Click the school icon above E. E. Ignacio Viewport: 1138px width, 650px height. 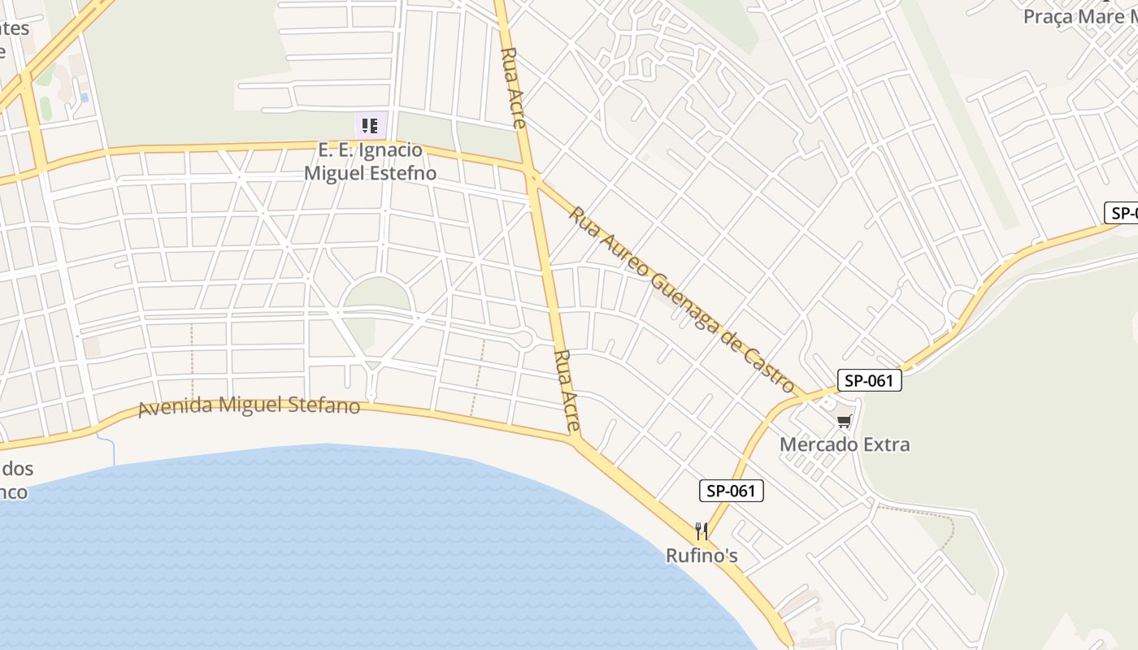coord(370,125)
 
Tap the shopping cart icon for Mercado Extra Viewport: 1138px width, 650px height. coord(845,421)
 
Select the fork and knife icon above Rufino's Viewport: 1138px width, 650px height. coord(701,531)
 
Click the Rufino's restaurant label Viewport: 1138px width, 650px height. coord(701,556)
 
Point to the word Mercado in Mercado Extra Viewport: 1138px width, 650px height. coord(815,444)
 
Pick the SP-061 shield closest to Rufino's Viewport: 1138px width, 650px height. coord(732,491)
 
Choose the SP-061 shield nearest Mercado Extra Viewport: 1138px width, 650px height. coord(869,380)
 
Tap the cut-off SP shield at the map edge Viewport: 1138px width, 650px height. coord(1122,214)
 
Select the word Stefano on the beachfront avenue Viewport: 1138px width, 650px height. coord(324,404)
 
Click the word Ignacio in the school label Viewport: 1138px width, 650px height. coord(393,150)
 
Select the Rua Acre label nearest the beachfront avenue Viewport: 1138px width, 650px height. coord(567,390)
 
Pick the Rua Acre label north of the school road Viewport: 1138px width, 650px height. coord(513,87)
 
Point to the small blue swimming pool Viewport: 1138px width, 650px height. coord(85,97)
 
